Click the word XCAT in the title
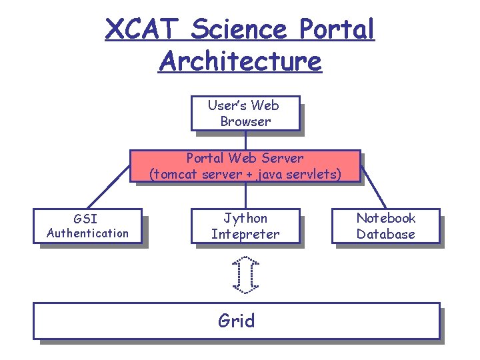pyautogui.click(x=141, y=29)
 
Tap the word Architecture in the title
pyautogui.click(x=240, y=61)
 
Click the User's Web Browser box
pyautogui.click(x=244, y=113)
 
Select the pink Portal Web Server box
pyautogui.click(x=245, y=167)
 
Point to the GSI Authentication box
pyautogui.click(x=87, y=226)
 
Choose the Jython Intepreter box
pyautogui.click(x=245, y=226)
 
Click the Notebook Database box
pyautogui.click(x=386, y=226)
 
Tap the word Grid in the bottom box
pyautogui.click(x=237, y=321)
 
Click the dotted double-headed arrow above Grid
pyautogui.click(x=245, y=274)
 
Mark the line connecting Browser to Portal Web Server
pyautogui.click(x=245, y=140)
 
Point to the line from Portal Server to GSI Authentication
pyautogui.click(x=109, y=187)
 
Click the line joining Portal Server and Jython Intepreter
pyautogui.click(x=245, y=195)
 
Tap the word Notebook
pyautogui.click(x=386, y=219)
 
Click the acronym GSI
pyautogui.click(x=87, y=219)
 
